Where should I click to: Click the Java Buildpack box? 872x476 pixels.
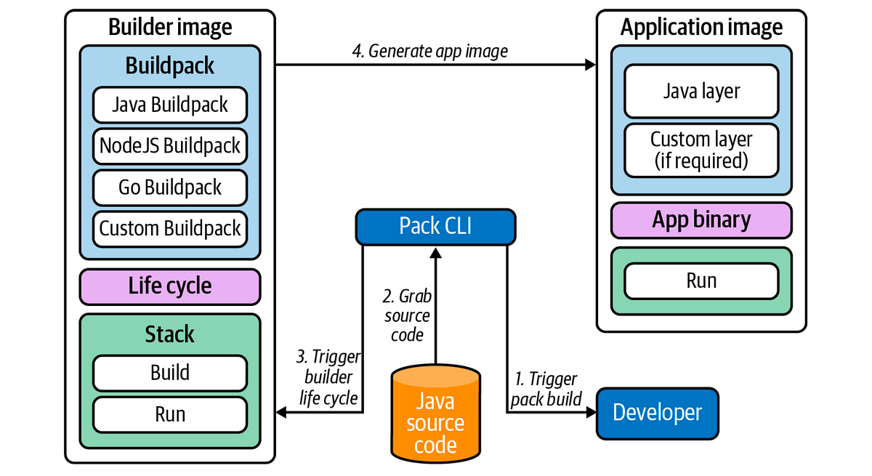coord(170,105)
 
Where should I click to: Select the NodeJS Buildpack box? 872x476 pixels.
coord(170,146)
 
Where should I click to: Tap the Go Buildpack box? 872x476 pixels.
coord(170,187)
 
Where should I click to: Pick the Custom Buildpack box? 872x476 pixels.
coord(170,228)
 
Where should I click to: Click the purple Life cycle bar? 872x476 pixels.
coord(170,286)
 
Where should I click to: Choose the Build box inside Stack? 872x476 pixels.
coord(170,374)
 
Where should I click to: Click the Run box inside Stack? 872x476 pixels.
coord(170,414)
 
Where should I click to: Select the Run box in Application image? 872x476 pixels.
coord(701,281)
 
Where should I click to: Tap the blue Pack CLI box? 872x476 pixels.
coord(435,226)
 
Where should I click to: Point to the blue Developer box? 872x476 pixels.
coord(657,413)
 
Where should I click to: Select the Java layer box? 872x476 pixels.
coord(701,91)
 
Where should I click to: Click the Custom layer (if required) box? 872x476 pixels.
coord(701,149)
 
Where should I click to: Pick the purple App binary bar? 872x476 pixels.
coord(701,220)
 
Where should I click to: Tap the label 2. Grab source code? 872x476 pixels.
coord(406,315)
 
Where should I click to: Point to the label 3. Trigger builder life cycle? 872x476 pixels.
coord(327,377)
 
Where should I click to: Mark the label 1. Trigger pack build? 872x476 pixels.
coord(546,389)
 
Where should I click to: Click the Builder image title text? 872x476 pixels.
coord(170,28)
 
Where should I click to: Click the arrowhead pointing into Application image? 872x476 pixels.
coord(590,65)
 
